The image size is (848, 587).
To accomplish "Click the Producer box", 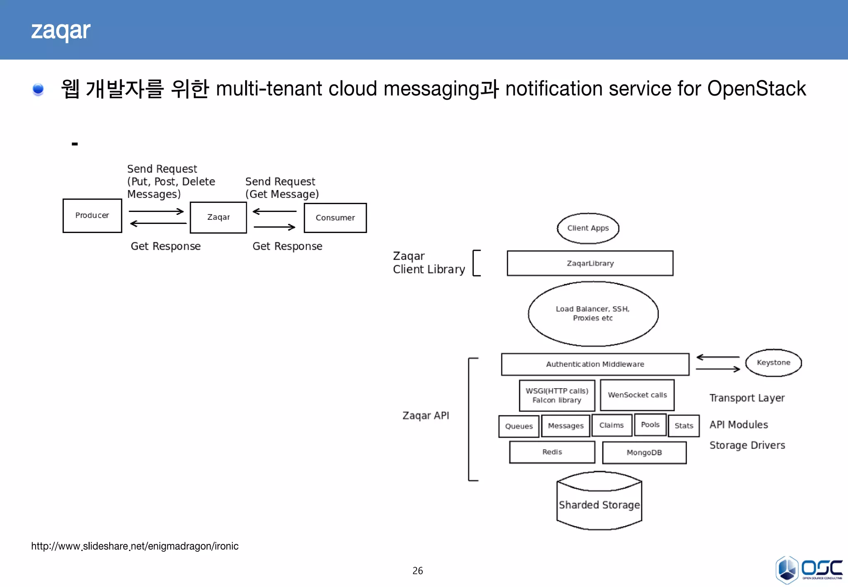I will coord(92,216).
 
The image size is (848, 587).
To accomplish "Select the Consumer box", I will coord(335,218).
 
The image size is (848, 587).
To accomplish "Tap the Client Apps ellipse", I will coord(588,228).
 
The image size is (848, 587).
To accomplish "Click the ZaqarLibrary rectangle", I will coord(590,263).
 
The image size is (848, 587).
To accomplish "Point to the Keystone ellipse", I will coord(773,363).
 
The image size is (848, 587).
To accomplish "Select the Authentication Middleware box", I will coord(595,364).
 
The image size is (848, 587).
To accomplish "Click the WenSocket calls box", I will coord(637,395).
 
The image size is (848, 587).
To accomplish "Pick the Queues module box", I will coord(518,426).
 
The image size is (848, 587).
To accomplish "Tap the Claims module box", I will coord(611,426).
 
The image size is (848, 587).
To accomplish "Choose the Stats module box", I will coord(683,426).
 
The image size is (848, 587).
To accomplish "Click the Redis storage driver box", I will coord(552,452).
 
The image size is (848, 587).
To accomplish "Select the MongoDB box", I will coord(644,453).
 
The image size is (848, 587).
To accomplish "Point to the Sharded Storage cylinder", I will coord(599,505).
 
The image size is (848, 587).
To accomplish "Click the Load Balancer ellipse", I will coord(593,314).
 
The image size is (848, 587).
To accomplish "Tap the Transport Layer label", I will coord(747,398).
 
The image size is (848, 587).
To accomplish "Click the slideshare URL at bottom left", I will coord(135,546).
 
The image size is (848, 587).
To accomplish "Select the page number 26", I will coord(417,571).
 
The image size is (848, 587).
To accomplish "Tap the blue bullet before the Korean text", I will coord(38,89).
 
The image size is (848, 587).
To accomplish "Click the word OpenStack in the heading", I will coord(756,89).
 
